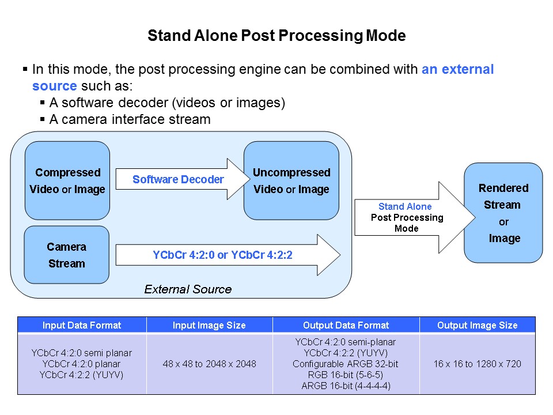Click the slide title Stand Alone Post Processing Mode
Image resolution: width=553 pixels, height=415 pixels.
[276, 36]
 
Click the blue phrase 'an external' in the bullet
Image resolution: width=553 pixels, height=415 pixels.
[457, 70]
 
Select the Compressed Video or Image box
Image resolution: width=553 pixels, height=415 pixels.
[67, 180]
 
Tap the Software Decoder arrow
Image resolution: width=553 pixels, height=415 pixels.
[178, 179]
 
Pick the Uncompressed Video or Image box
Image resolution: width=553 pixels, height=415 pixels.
[291, 180]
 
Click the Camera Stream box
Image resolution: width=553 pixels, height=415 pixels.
[67, 255]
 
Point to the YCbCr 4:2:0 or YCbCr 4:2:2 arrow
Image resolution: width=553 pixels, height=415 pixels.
[222, 255]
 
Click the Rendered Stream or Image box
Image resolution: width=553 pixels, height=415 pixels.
[503, 213]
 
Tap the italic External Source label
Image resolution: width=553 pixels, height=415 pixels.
[188, 289]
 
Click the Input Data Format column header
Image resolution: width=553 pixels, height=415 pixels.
[82, 325]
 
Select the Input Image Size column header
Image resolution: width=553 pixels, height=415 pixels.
[209, 325]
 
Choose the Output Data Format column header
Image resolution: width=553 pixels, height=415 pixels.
[346, 325]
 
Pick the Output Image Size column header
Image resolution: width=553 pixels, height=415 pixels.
[477, 325]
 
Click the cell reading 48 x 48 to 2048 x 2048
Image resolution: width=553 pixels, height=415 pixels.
[209, 364]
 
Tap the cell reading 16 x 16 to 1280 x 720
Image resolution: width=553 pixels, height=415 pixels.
[477, 364]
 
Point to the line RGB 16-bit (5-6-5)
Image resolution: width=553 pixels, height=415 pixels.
[346, 375]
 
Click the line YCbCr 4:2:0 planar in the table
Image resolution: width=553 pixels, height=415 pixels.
[82, 364]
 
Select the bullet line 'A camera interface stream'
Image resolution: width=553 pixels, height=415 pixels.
[130, 119]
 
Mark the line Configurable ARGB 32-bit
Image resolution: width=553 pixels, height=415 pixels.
[346, 364]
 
